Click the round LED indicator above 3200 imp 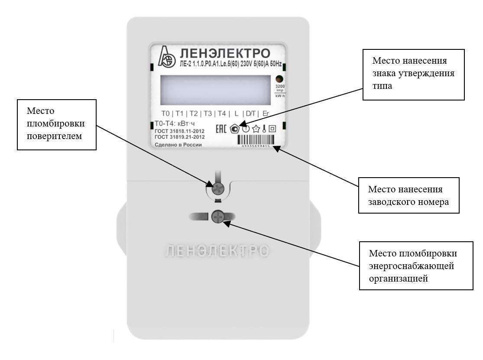point(279,79)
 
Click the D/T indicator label point(250,114)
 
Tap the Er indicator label point(266,114)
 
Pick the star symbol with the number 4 point(255,128)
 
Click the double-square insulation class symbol point(272,128)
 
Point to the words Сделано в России point(178,145)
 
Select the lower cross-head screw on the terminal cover point(218,216)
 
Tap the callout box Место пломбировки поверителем point(56,124)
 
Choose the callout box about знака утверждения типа point(414,75)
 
